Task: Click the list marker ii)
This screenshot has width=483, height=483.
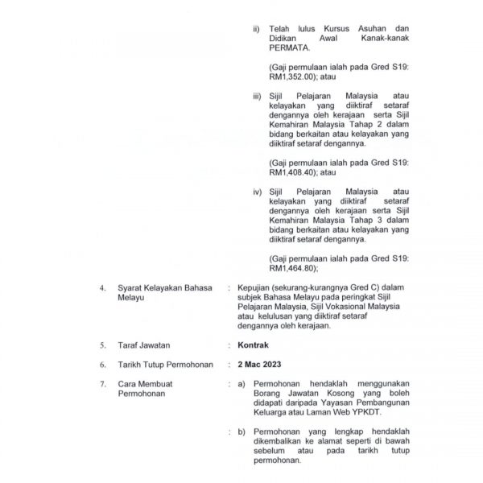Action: point(256,28)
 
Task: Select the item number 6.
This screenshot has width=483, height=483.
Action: point(101,365)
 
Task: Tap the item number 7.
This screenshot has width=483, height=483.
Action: point(101,384)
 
